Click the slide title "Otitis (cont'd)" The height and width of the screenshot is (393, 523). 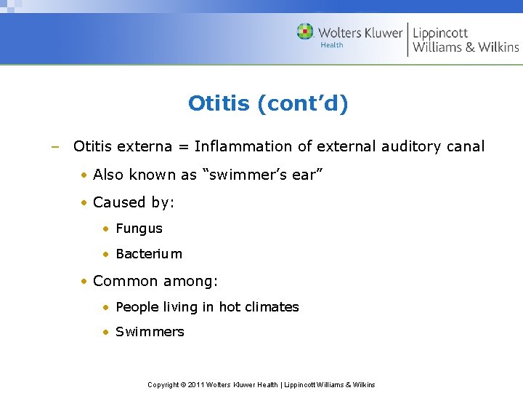pyautogui.click(x=268, y=103)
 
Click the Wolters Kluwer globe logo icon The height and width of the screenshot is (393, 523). pyautogui.click(x=305, y=31)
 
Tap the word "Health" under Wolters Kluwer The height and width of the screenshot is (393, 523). pyautogui.click(x=332, y=45)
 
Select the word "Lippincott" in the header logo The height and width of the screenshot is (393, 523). pyautogui.click(x=440, y=32)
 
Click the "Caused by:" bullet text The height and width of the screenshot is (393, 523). pyautogui.click(x=134, y=202)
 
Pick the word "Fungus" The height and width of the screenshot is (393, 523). pyautogui.click(x=139, y=229)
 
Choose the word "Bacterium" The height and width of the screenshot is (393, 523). pyautogui.click(x=149, y=254)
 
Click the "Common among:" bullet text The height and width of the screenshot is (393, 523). pyautogui.click(x=155, y=281)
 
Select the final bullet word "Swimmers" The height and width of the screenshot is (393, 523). pyautogui.click(x=150, y=332)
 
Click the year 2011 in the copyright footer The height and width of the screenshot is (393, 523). pyautogui.click(x=196, y=384)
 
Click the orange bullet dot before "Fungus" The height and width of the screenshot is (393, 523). pyautogui.click(x=106, y=229)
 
